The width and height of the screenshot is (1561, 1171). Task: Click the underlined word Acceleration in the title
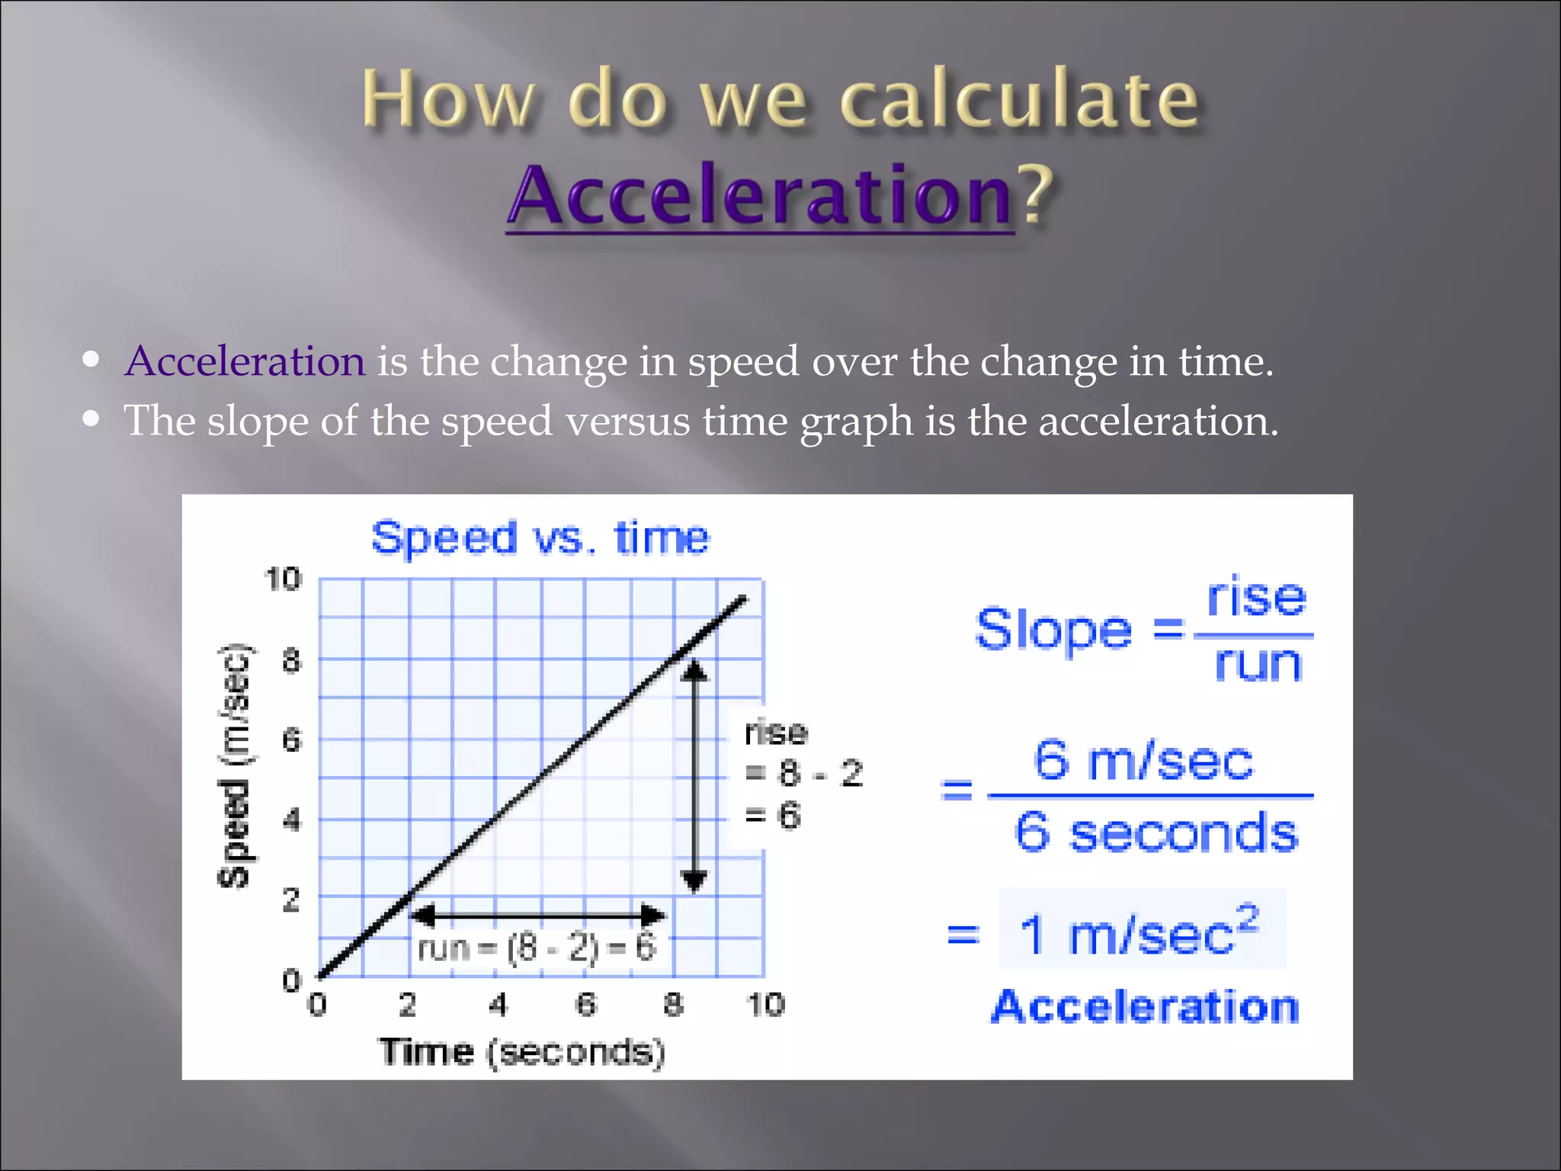tap(759, 196)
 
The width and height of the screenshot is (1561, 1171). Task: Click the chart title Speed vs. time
tap(540, 537)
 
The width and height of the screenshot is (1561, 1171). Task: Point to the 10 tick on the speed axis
tap(283, 579)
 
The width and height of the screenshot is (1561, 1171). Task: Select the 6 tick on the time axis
tap(585, 1005)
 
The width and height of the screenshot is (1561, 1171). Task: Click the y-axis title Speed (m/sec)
tap(234, 766)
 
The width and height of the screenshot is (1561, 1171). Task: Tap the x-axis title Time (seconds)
tap(523, 1052)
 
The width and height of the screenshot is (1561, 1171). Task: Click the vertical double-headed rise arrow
tap(694, 774)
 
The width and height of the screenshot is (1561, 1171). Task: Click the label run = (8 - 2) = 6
tap(537, 948)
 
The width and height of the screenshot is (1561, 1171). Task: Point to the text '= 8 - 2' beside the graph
tap(803, 774)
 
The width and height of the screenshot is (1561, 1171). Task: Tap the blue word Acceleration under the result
tap(1145, 1007)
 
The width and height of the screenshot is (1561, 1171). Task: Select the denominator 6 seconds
tap(1156, 833)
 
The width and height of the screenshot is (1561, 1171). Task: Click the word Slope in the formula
tap(1053, 630)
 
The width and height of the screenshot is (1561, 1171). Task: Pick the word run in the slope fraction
tap(1258, 663)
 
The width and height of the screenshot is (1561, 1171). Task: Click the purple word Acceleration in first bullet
tap(245, 361)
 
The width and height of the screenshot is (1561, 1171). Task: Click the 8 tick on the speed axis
tap(291, 660)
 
